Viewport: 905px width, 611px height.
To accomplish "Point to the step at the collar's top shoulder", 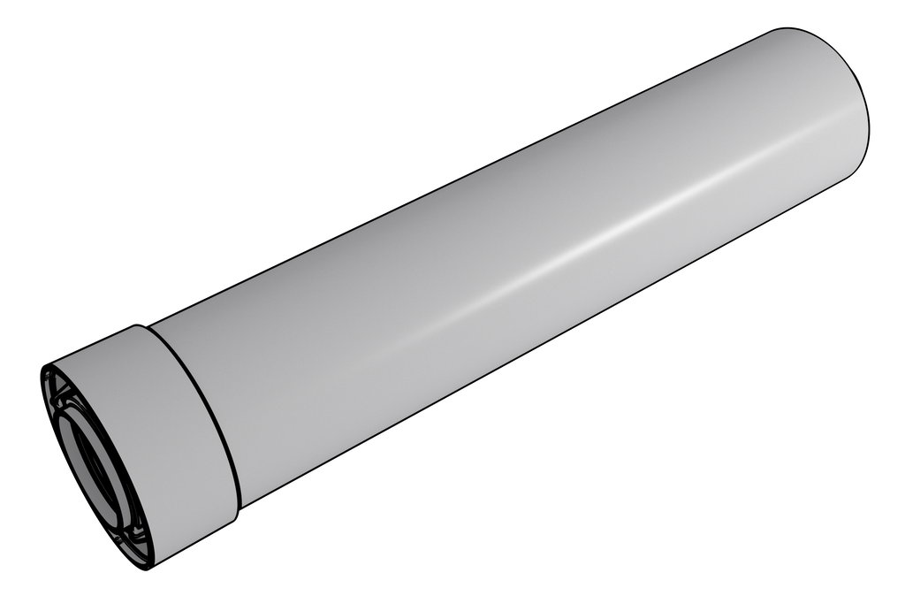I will pos(142,326).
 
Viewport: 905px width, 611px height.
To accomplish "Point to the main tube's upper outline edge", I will pos(460,177).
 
